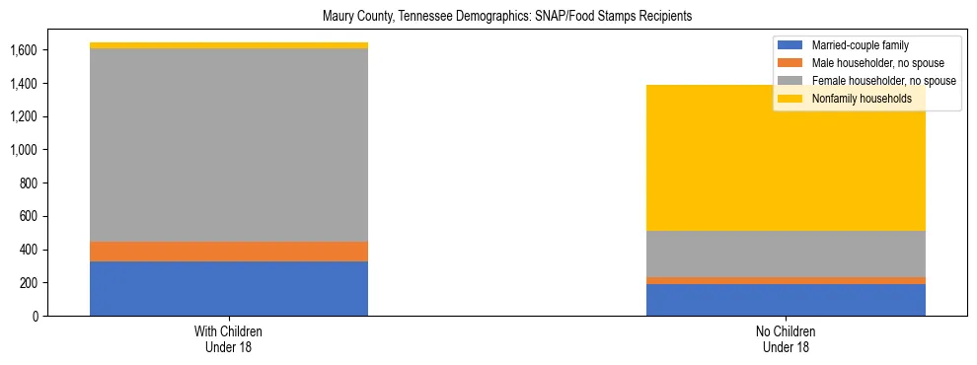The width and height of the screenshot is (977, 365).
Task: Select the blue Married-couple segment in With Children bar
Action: coord(229,288)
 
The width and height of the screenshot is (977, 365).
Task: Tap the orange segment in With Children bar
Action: coord(229,252)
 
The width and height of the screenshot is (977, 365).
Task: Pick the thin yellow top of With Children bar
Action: coord(229,45)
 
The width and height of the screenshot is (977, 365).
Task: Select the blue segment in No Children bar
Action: coord(786,300)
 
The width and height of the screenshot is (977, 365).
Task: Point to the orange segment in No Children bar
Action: coord(786,280)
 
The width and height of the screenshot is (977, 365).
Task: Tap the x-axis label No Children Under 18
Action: coord(786,338)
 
